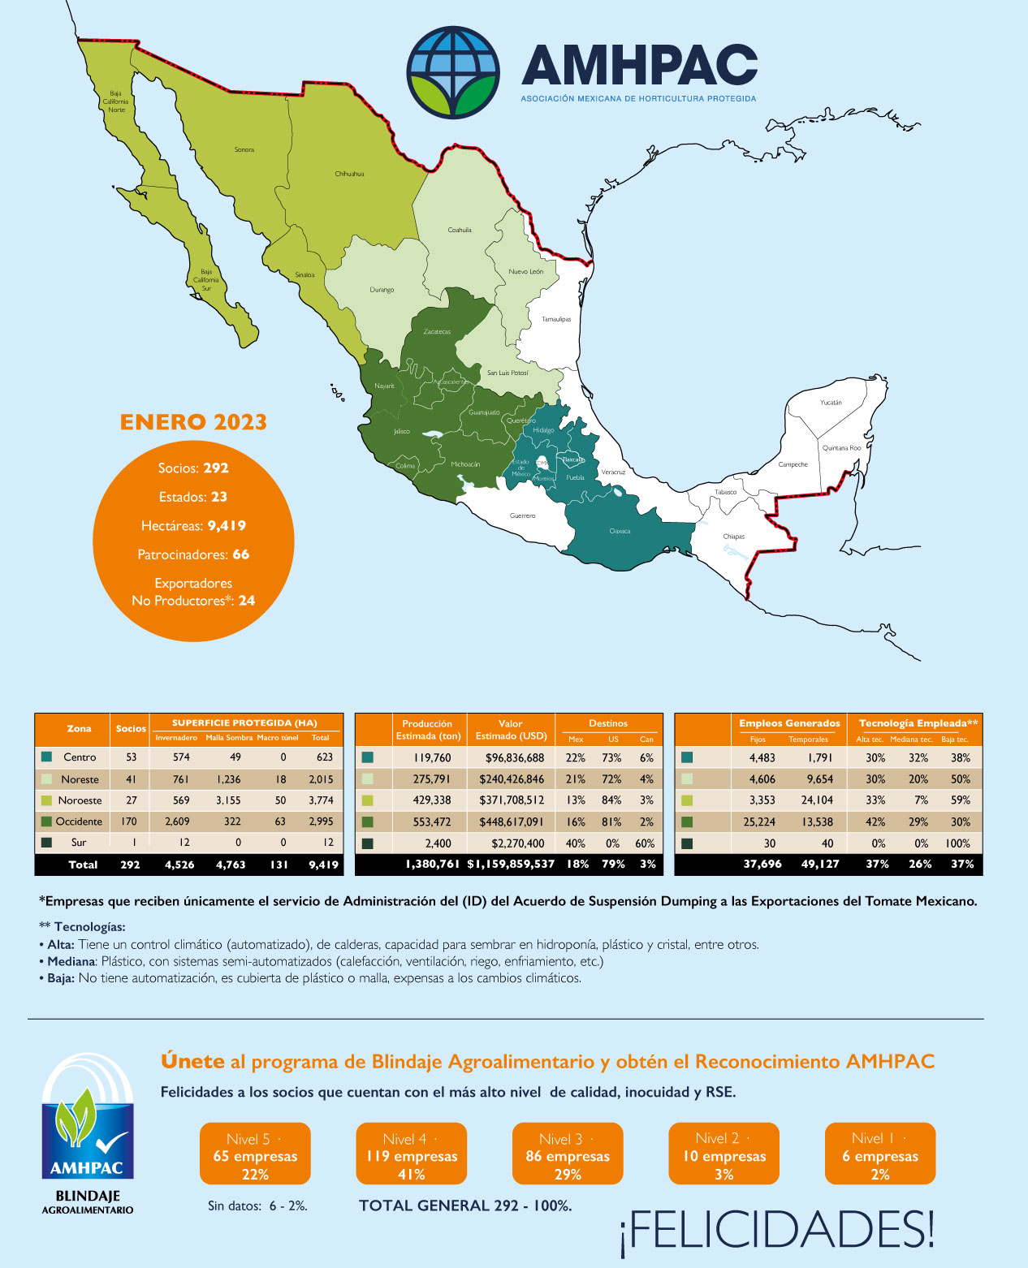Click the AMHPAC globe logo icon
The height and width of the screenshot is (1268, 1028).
(x=453, y=72)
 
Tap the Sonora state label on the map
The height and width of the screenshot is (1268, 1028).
(x=244, y=149)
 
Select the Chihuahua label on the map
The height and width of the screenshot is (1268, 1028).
(x=349, y=174)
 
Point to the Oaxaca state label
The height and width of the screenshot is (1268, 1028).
(x=620, y=531)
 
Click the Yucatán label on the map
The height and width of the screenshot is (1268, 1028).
(x=831, y=403)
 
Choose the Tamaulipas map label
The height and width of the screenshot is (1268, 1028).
(x=556, y=319)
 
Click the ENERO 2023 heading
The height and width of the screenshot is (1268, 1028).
(x=193, y=422)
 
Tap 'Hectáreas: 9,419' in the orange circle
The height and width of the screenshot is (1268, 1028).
(x=193, y=526)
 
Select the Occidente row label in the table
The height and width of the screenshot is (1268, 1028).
(x=79, y=822)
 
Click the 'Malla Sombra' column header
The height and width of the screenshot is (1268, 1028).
(x=229, y=738)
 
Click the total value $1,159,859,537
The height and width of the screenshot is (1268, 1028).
(x=511, y=865)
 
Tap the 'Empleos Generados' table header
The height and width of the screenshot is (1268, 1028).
(x=789, y=723)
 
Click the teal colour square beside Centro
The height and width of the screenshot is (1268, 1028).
(x=46, y=757)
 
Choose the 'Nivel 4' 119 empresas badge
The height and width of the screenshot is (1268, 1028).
(x=412, y=1155)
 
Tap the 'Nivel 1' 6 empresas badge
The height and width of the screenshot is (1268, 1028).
(x=880, y=1155)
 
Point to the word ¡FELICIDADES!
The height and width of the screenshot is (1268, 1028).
(x=777, y=1230)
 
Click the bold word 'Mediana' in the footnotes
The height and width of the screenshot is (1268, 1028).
(x=69, y=961)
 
